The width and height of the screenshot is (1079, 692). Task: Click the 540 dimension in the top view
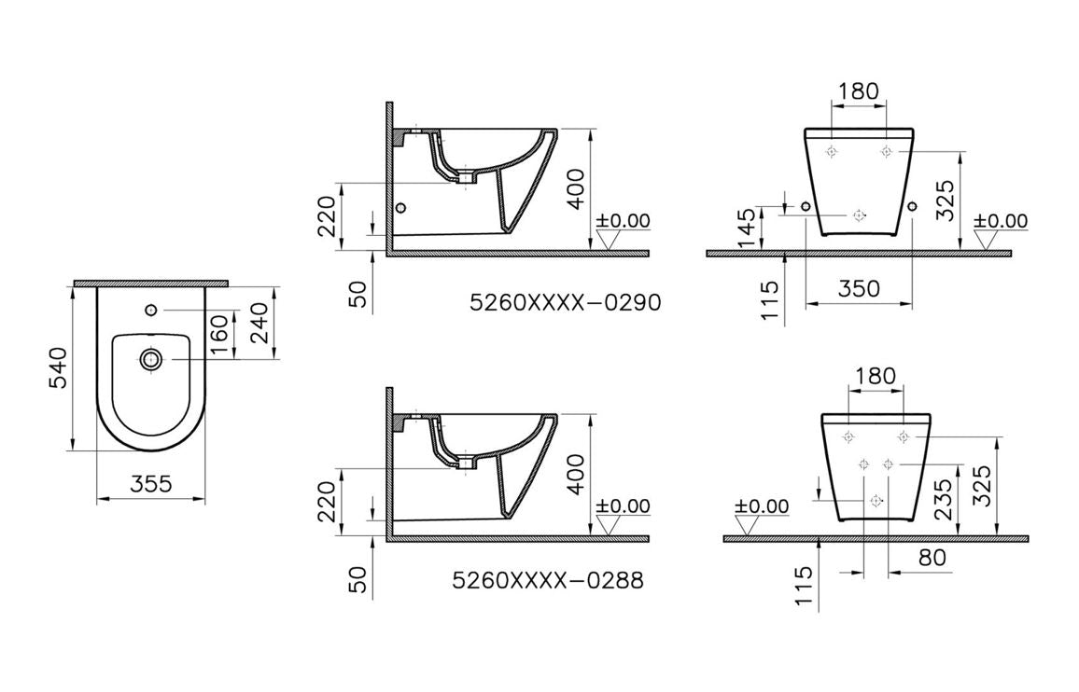(58, 368)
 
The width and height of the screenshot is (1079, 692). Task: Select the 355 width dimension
(150, 484)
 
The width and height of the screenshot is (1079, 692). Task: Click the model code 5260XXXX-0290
(565, 303)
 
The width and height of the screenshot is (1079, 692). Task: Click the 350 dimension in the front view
(858, 288)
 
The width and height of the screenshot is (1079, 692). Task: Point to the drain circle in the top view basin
(149, 359)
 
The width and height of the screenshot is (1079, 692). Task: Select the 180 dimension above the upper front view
(858, 91)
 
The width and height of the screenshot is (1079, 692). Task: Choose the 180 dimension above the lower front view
(875, 377)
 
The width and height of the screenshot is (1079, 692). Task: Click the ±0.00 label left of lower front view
(762, 506)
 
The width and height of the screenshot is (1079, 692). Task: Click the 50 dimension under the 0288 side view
(358, 579)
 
